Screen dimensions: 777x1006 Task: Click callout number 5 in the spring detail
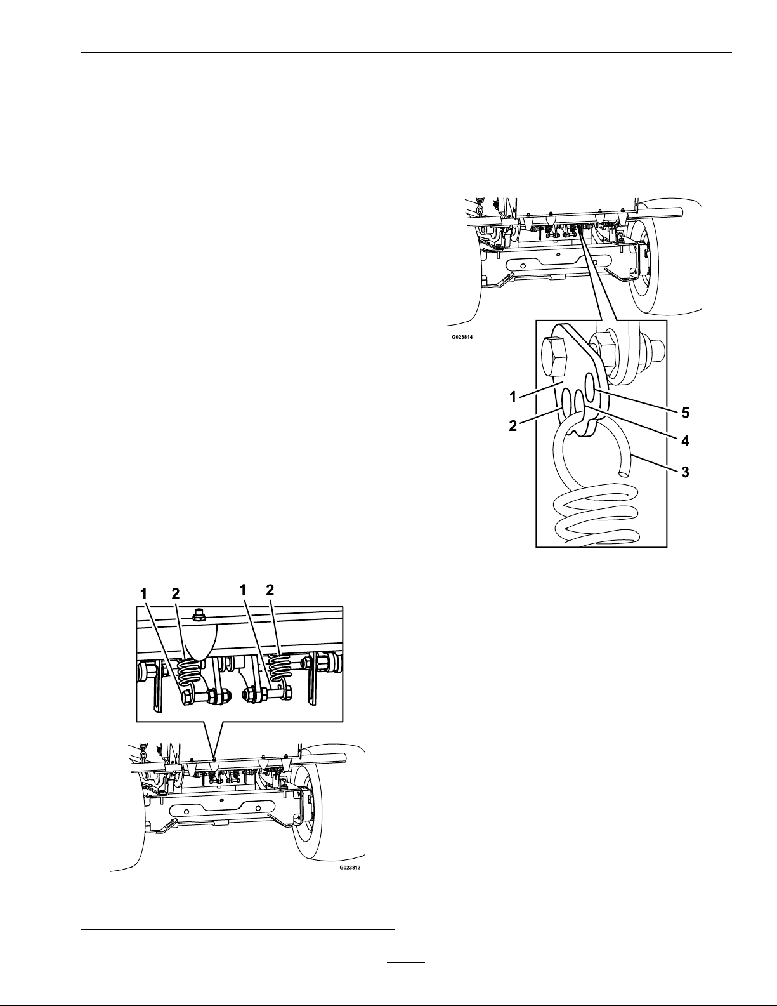click(x=685, y=413)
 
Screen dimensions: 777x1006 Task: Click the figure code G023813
click(x=353, y=867)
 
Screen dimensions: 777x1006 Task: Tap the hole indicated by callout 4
click(x=579, y=400)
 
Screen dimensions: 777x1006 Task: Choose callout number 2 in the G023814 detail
click(x=513, y=427)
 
